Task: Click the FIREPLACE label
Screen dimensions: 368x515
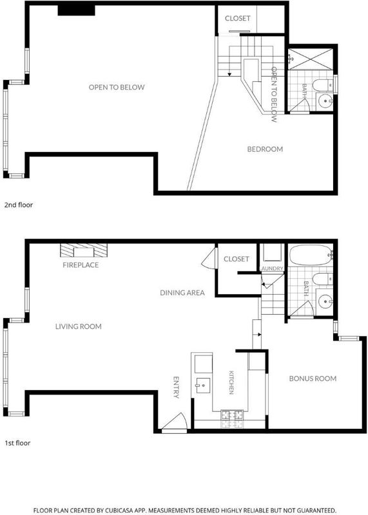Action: pos(81,265)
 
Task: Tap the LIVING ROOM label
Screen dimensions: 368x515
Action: pos(78,326)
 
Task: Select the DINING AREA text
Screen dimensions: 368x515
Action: pos(182,293)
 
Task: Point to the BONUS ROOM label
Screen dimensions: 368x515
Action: pos(313,379)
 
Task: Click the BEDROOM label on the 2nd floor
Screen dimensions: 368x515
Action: pos(265,149)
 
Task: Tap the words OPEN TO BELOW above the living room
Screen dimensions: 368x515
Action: pos(117,88)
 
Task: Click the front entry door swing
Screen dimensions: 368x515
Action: pos(174,421)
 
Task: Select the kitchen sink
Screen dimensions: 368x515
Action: pos(203,385)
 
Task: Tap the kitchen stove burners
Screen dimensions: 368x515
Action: pos(233,419)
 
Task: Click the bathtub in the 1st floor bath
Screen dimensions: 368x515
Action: pos(310,255)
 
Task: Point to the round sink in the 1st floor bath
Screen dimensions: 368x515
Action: pos(325,301)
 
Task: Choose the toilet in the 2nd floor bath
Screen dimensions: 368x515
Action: pos(322,86)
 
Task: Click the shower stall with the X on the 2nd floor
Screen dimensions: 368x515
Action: pos(311,59)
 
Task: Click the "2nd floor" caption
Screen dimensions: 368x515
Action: pos(19,205)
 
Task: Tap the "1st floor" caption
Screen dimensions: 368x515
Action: pos(17,443)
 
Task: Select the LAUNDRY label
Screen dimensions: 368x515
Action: pos(271,268)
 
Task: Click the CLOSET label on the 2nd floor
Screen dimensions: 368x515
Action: pos(237,19)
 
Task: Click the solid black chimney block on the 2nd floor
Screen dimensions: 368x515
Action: pos(76,10)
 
